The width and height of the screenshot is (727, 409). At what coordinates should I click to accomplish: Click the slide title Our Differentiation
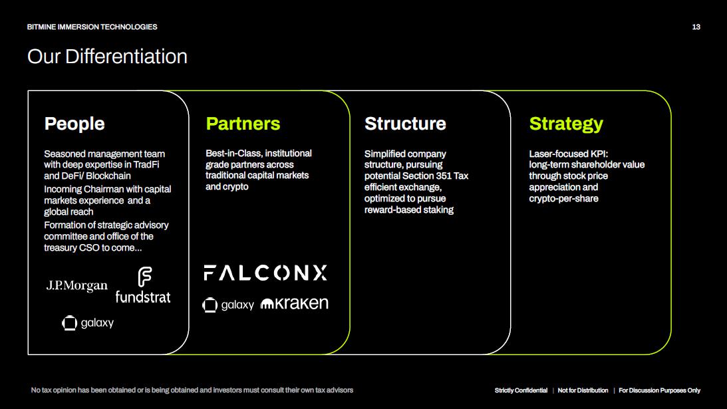coord(107,57)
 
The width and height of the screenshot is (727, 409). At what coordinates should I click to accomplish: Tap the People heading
coord(74,124)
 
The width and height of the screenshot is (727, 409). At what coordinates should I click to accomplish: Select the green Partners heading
coord(243,124)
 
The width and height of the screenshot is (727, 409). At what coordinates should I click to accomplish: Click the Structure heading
coord(405,124)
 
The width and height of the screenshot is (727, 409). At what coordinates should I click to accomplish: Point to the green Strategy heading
coord(566,124)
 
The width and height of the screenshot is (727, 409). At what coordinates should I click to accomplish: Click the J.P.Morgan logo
coord(76,286)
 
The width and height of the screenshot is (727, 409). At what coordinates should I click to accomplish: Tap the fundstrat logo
coord(143,287)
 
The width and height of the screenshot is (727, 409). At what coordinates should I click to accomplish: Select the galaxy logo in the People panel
coord(88,323)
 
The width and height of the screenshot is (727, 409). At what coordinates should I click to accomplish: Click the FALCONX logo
coord(265,273)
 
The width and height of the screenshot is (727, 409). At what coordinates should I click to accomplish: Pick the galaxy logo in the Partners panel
coord(228,305)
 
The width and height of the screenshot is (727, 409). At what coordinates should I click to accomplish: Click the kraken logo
coord(294,303)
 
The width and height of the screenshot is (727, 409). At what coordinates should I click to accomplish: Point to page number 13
coord(696,27)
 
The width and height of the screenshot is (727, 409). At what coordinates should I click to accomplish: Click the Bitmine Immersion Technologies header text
coord(92,27)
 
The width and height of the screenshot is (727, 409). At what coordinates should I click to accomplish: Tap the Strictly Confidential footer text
coord(521,390)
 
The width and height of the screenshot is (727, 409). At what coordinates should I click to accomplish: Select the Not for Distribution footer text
coord(583,390)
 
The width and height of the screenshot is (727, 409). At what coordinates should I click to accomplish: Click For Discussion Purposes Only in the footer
coord(659,390)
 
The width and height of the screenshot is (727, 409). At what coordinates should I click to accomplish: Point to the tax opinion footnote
coord(192,390)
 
